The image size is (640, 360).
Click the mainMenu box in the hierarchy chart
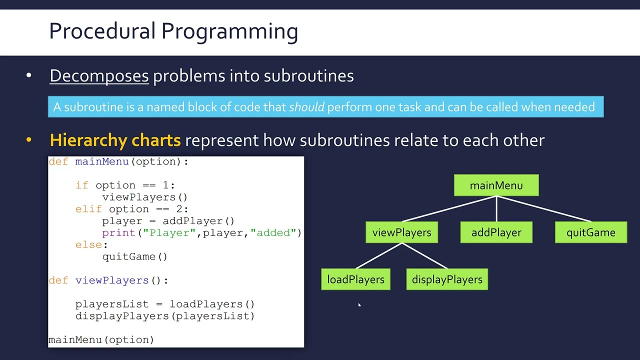496,185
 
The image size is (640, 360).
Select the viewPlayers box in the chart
401,232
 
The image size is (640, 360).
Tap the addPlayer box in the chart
496,232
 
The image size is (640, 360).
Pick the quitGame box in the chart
590,232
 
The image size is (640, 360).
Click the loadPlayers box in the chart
355,279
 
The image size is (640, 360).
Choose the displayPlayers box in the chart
447,279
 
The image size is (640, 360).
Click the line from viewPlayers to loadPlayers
378,256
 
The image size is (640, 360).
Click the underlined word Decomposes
99,76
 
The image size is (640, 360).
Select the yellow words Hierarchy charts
115,140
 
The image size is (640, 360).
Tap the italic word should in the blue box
306,107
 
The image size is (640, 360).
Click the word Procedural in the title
102,31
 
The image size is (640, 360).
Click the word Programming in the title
229,31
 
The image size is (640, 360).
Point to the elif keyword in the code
88,209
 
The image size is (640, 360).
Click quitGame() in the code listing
134,256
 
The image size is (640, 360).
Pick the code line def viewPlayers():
108,280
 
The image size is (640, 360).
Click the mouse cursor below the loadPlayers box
359,305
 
